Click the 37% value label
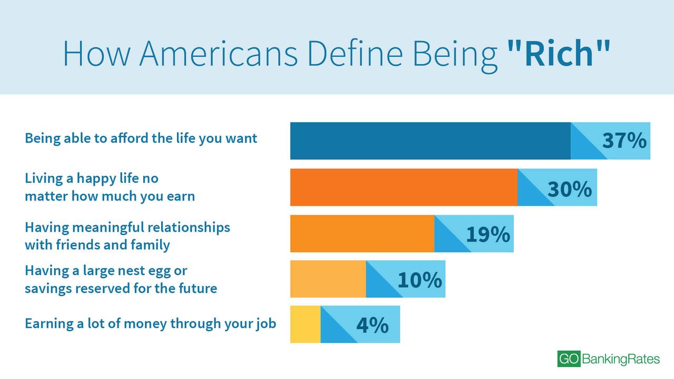click(x=624, y=141)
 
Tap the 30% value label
click(x=570, y=189)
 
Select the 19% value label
click(x=488, y=234)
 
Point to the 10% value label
click(x=420, y=280)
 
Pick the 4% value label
click(x=372, y=325)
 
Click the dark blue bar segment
click(x=430, y=141)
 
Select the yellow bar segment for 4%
click(x=305, y=324)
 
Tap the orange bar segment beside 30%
click(x=404, y=187)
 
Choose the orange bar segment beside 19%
click(x=362, y=233)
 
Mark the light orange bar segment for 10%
click(x=328, y=279)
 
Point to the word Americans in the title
click(x=218, y=53)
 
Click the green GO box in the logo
click(x=568, y=359)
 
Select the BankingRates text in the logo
click(x=621, y=359)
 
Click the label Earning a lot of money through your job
click(x=151, y=324)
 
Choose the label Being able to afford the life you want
click(x=141, y=138)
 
